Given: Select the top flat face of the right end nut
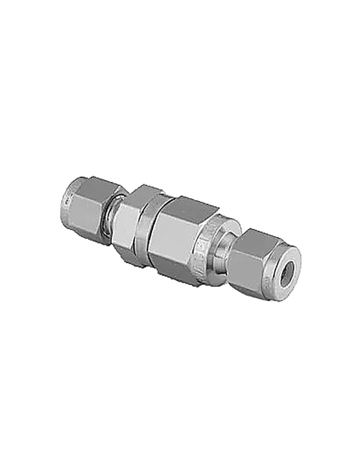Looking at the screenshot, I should point(260,238).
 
